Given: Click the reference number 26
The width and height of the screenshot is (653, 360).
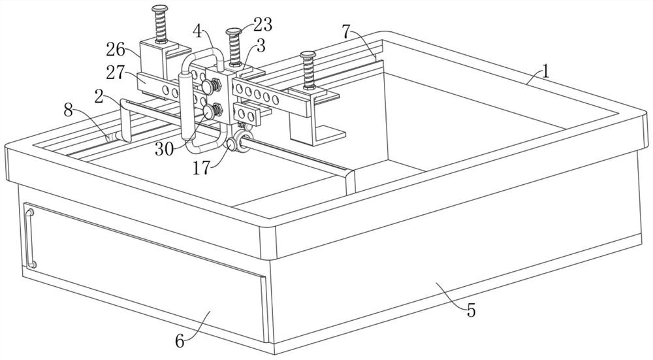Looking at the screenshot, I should tap(116, 48).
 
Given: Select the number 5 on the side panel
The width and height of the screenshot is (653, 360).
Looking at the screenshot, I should tap(471, 310).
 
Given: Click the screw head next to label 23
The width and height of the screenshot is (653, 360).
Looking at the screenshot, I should tap(234, 31).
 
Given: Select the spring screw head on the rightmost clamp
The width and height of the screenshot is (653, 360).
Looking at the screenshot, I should tap(307, 55).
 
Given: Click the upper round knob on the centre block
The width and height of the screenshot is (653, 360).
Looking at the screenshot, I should tap(208, 86).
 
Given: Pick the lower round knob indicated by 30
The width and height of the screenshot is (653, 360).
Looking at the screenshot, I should tap(210, 112).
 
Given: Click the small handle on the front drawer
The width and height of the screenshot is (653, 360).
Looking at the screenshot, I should tap(30, 236).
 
